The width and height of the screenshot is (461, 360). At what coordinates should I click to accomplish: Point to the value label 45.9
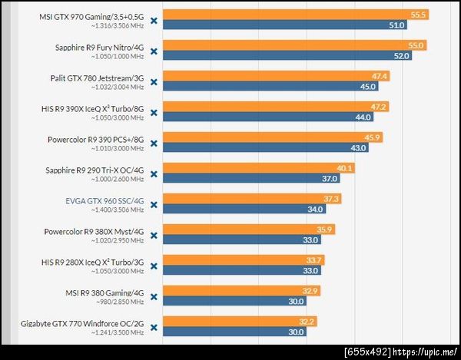tap(373, 137)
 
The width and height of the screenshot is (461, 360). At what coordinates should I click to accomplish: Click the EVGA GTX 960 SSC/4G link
tap(105, 200)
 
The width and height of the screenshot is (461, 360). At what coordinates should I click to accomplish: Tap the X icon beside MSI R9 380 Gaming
tap(154, 297)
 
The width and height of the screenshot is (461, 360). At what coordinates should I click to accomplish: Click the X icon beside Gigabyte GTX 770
tap(154, 328)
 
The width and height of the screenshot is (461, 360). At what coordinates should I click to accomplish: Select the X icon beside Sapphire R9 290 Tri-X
tap(154, 174)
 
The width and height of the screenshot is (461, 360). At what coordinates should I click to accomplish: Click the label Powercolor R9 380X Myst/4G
tap(95, 230)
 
